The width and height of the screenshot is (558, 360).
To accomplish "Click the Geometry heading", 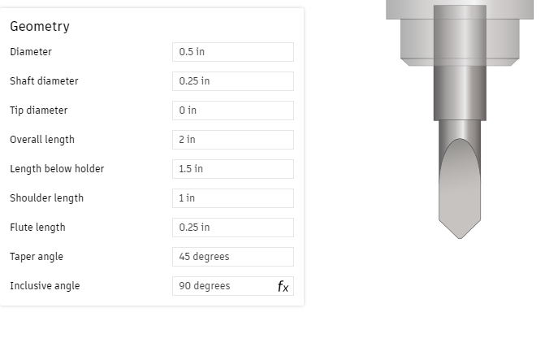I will [40, 26].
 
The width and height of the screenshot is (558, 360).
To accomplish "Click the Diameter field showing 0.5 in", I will [232, 52].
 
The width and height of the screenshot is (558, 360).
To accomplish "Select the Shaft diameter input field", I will [232, 81].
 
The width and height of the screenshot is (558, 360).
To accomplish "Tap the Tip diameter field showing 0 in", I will [232, 111].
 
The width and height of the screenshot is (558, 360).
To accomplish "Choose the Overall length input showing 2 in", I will [232, 140].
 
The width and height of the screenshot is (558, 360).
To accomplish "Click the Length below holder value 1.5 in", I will [232, 169].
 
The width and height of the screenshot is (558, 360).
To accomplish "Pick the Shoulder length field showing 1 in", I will [232, 198].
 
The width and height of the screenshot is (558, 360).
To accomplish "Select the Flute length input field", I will [232, 228].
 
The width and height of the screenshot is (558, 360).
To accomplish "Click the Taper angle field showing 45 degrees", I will [232, 257].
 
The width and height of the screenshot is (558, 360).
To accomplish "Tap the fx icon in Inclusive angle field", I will [283, 286].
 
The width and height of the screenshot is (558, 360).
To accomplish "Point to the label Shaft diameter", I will [44, 81].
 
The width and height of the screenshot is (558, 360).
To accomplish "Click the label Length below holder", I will [57, 169].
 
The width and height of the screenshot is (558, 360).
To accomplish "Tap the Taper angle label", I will [37, 257].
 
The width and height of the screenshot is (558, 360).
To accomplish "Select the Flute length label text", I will [37, 228].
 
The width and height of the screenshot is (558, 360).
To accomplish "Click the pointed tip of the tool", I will [460, 236].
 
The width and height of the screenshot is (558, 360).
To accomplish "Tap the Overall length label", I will [42, 140].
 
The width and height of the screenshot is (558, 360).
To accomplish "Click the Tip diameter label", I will [38, 111].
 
